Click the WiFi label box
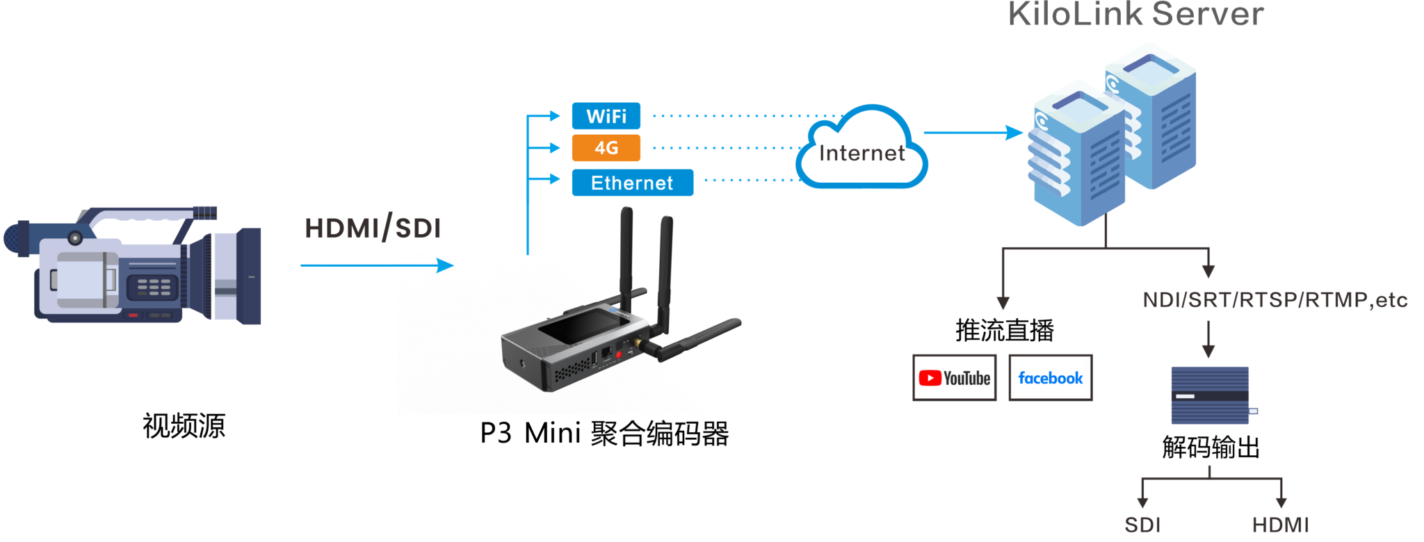click(606, 116)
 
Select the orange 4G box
click(606, 148)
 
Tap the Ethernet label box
click(632, 183)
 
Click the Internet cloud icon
click(861, 149)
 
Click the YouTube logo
click(954, 378)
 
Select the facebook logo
click(1050, 378)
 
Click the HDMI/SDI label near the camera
click(373, 228)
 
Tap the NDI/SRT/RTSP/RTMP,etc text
click(1275, 300)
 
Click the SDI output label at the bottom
click(1142, 525)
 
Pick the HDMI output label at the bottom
click(1280, 525)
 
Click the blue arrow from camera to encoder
click(376, 265)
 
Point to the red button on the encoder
click(618, 354)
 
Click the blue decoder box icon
click(1210, 395)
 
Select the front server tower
click(1078, 156)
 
